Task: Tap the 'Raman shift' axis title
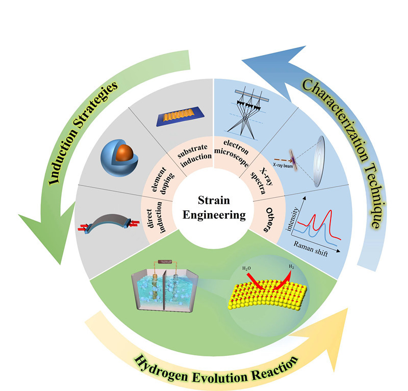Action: coord(310,249)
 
